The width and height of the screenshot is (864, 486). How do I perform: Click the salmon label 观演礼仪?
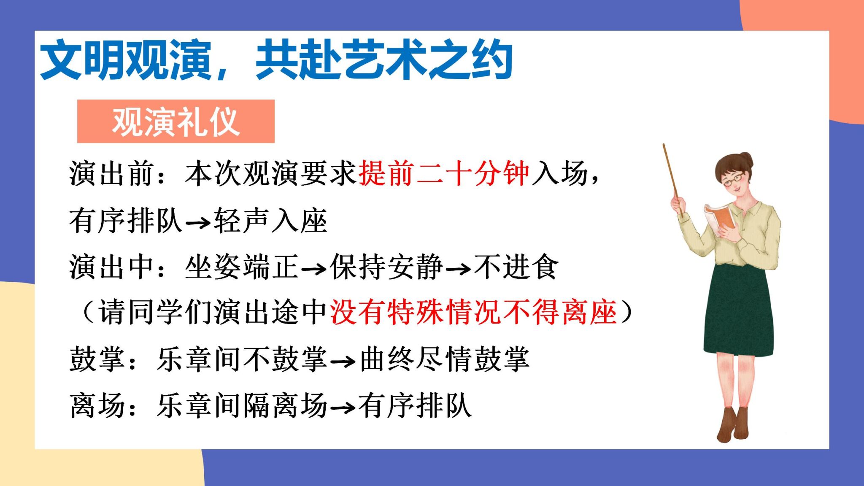pos(176,121)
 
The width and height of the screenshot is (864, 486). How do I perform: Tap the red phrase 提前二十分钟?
pos(443,173)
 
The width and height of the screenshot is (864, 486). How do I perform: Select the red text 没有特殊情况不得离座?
pos(473,312)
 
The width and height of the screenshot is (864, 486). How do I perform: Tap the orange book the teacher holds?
pos(719,216)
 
